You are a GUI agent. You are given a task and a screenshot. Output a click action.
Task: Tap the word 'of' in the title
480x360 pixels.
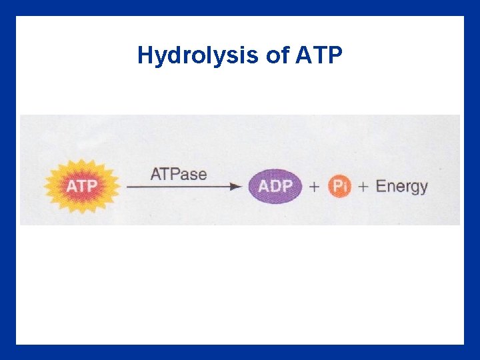(x=277, y=55)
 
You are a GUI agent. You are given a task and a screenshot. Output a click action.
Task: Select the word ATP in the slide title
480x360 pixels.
(x=317, y=55)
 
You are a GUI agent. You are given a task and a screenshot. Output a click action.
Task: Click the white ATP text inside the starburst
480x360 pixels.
(x=81, y=186)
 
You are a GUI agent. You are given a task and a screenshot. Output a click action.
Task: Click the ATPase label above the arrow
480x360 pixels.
(x=179, y=175)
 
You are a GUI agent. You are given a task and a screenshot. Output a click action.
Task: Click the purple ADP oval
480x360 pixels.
(x=275, y=187)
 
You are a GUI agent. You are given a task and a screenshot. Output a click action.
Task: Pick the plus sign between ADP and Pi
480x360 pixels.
(x=314, y=187)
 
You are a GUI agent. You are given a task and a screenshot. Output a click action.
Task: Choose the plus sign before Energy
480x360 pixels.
(x=363, y=187)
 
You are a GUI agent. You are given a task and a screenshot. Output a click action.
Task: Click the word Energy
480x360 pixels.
(x=401, y=187)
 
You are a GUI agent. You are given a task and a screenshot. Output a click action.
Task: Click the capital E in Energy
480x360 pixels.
(x=381, y=186)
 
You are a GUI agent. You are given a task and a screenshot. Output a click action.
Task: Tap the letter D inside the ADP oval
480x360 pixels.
(x=275, y=187)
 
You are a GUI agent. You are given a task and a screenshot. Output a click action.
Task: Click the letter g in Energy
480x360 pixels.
(x=415, y=189)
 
